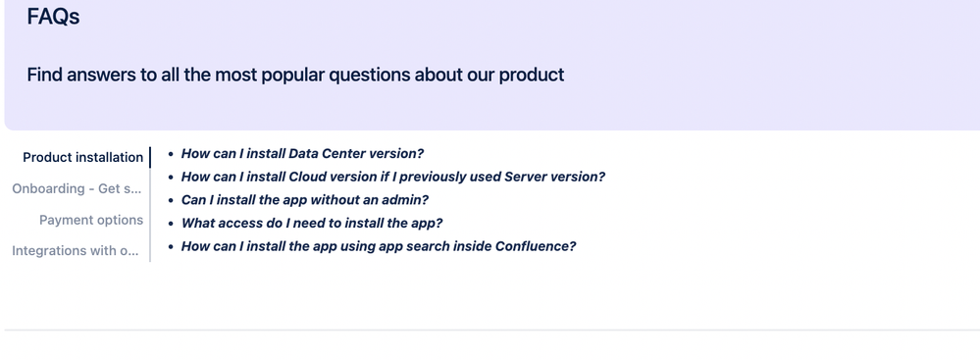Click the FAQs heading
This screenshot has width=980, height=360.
point(53,17)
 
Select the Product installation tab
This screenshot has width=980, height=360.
point(82,157)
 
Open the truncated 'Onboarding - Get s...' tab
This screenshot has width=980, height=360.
point(77,188)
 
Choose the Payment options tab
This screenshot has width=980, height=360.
point(91,220)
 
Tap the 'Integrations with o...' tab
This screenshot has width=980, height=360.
point(77,251)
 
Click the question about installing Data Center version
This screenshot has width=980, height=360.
point(302,154)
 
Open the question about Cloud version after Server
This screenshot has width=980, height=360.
point(392,177)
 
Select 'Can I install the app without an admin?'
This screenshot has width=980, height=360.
point(304,200)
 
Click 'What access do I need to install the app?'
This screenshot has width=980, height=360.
point(312,223)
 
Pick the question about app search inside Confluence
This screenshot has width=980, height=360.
point(378,246)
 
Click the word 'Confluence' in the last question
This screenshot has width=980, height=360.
point(538,246)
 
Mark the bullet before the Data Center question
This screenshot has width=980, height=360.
point(171,154)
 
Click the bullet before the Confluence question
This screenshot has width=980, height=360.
point(171,246)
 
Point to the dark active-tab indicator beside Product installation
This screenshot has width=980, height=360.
point(150,157)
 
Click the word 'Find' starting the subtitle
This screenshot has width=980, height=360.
point(44,75)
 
